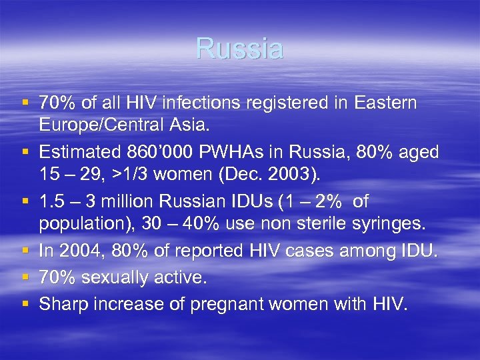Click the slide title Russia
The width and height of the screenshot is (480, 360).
239,48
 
